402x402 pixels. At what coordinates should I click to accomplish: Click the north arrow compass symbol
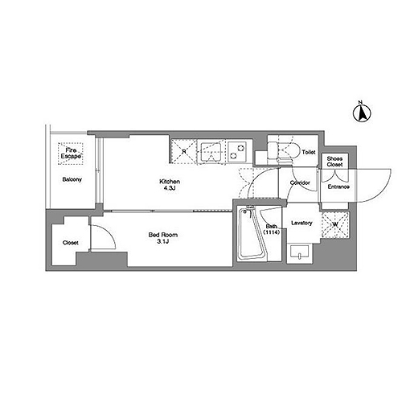(x=362, y=113)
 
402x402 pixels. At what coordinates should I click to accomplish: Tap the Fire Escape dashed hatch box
(x=71, y=154)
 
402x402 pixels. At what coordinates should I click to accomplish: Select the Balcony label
(x=72, y=179)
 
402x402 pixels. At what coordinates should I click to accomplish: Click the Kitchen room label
(x=170, y=182)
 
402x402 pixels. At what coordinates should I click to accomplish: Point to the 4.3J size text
(x=170, y=188)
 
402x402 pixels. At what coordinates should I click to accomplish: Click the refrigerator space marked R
(x=184, y=151)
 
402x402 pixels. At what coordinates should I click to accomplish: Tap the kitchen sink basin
(x=211, y=152)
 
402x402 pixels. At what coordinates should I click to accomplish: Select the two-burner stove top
(x=237, y=152)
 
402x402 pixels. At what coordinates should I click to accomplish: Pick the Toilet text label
(x=309, y=152)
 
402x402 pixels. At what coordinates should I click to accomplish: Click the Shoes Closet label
(x=334, y=162)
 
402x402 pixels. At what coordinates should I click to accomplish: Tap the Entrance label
(x=338, y=187)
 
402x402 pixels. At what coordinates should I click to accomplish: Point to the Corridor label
(x=300, y=183)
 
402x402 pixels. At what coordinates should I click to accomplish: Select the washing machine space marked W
(x=335, y=224)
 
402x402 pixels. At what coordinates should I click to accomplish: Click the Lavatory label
(x=301, y=223)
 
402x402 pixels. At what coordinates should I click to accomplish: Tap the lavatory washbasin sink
(x=300, y=252)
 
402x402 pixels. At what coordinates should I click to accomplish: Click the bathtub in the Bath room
(x=252, y=234)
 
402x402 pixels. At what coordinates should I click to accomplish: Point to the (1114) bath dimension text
(x=272, y=232)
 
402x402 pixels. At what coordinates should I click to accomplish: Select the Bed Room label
(x=163, y=235)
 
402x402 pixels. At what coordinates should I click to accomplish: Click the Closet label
(x=71, y=243)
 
